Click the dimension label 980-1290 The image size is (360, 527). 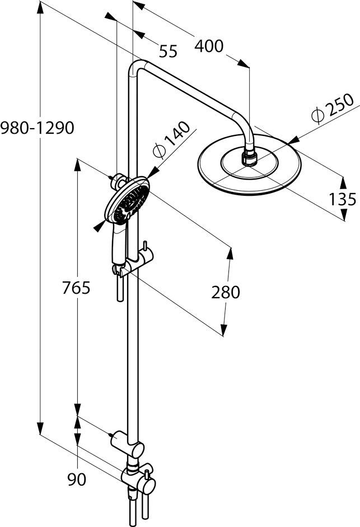coord(37,128)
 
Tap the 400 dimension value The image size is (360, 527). coord(208,46)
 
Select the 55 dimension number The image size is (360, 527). coord(168,51)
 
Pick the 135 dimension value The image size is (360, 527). coord(342,198)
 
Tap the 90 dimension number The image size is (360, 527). coord(77,480)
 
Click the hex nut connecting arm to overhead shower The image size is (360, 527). coord(250,156)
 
